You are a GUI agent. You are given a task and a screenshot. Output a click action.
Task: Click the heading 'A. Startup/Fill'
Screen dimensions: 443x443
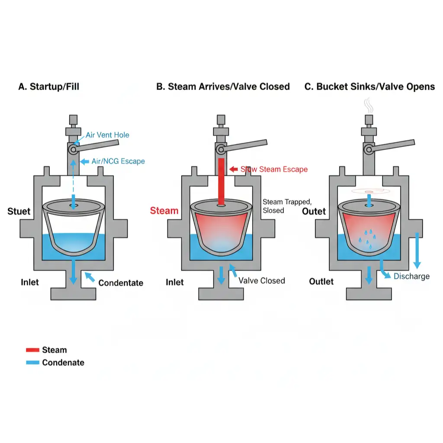pyautogui.click(x=48, y=87)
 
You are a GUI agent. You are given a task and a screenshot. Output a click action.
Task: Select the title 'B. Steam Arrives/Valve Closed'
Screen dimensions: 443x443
pyautogui.click(x=223, y=87)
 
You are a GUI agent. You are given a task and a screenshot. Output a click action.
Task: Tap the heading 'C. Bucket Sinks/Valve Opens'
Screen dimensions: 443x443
pyautogui.click(x=369, y=87)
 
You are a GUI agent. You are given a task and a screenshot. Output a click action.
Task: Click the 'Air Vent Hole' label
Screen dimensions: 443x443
pyautogui.click(x=107, y=135)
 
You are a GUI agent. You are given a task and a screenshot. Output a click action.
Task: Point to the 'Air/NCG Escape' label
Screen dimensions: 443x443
pyautogui.click(x=118, y=161)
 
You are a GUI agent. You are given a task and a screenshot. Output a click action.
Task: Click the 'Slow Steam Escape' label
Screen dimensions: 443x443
pyautogui.click(x=274, y=169)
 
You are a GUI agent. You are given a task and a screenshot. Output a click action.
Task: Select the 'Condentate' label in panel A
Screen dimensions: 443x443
pyautogui.click(x=121, y=283)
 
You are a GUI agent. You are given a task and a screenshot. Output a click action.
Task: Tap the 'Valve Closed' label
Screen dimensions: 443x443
pyautogui.click(x=262, y=281)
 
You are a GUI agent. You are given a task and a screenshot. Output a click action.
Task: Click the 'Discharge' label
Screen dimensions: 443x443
pyautogui.click(x=411, y=276)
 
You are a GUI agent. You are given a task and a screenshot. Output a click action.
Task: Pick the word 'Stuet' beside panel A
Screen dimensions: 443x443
pyautogui.click(x=19, y=212)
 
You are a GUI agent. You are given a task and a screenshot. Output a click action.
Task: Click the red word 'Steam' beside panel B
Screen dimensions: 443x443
pyautogui.click(x=164, y=211)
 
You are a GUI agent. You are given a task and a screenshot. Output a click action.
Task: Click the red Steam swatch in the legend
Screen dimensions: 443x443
pyautogui.click(x=32, y=350)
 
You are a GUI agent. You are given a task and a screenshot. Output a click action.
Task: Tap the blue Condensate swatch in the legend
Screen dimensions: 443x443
pyautogui.click(x=32, y=363)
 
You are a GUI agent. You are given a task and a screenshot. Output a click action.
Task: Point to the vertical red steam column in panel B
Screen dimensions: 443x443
pyautogui.click(x=221, y=182)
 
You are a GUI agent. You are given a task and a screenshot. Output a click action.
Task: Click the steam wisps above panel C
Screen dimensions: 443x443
pyautogui.click(x=369, y=105)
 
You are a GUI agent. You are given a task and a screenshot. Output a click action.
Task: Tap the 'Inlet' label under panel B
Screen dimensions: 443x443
pyautogui.click(x=175, y=282)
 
